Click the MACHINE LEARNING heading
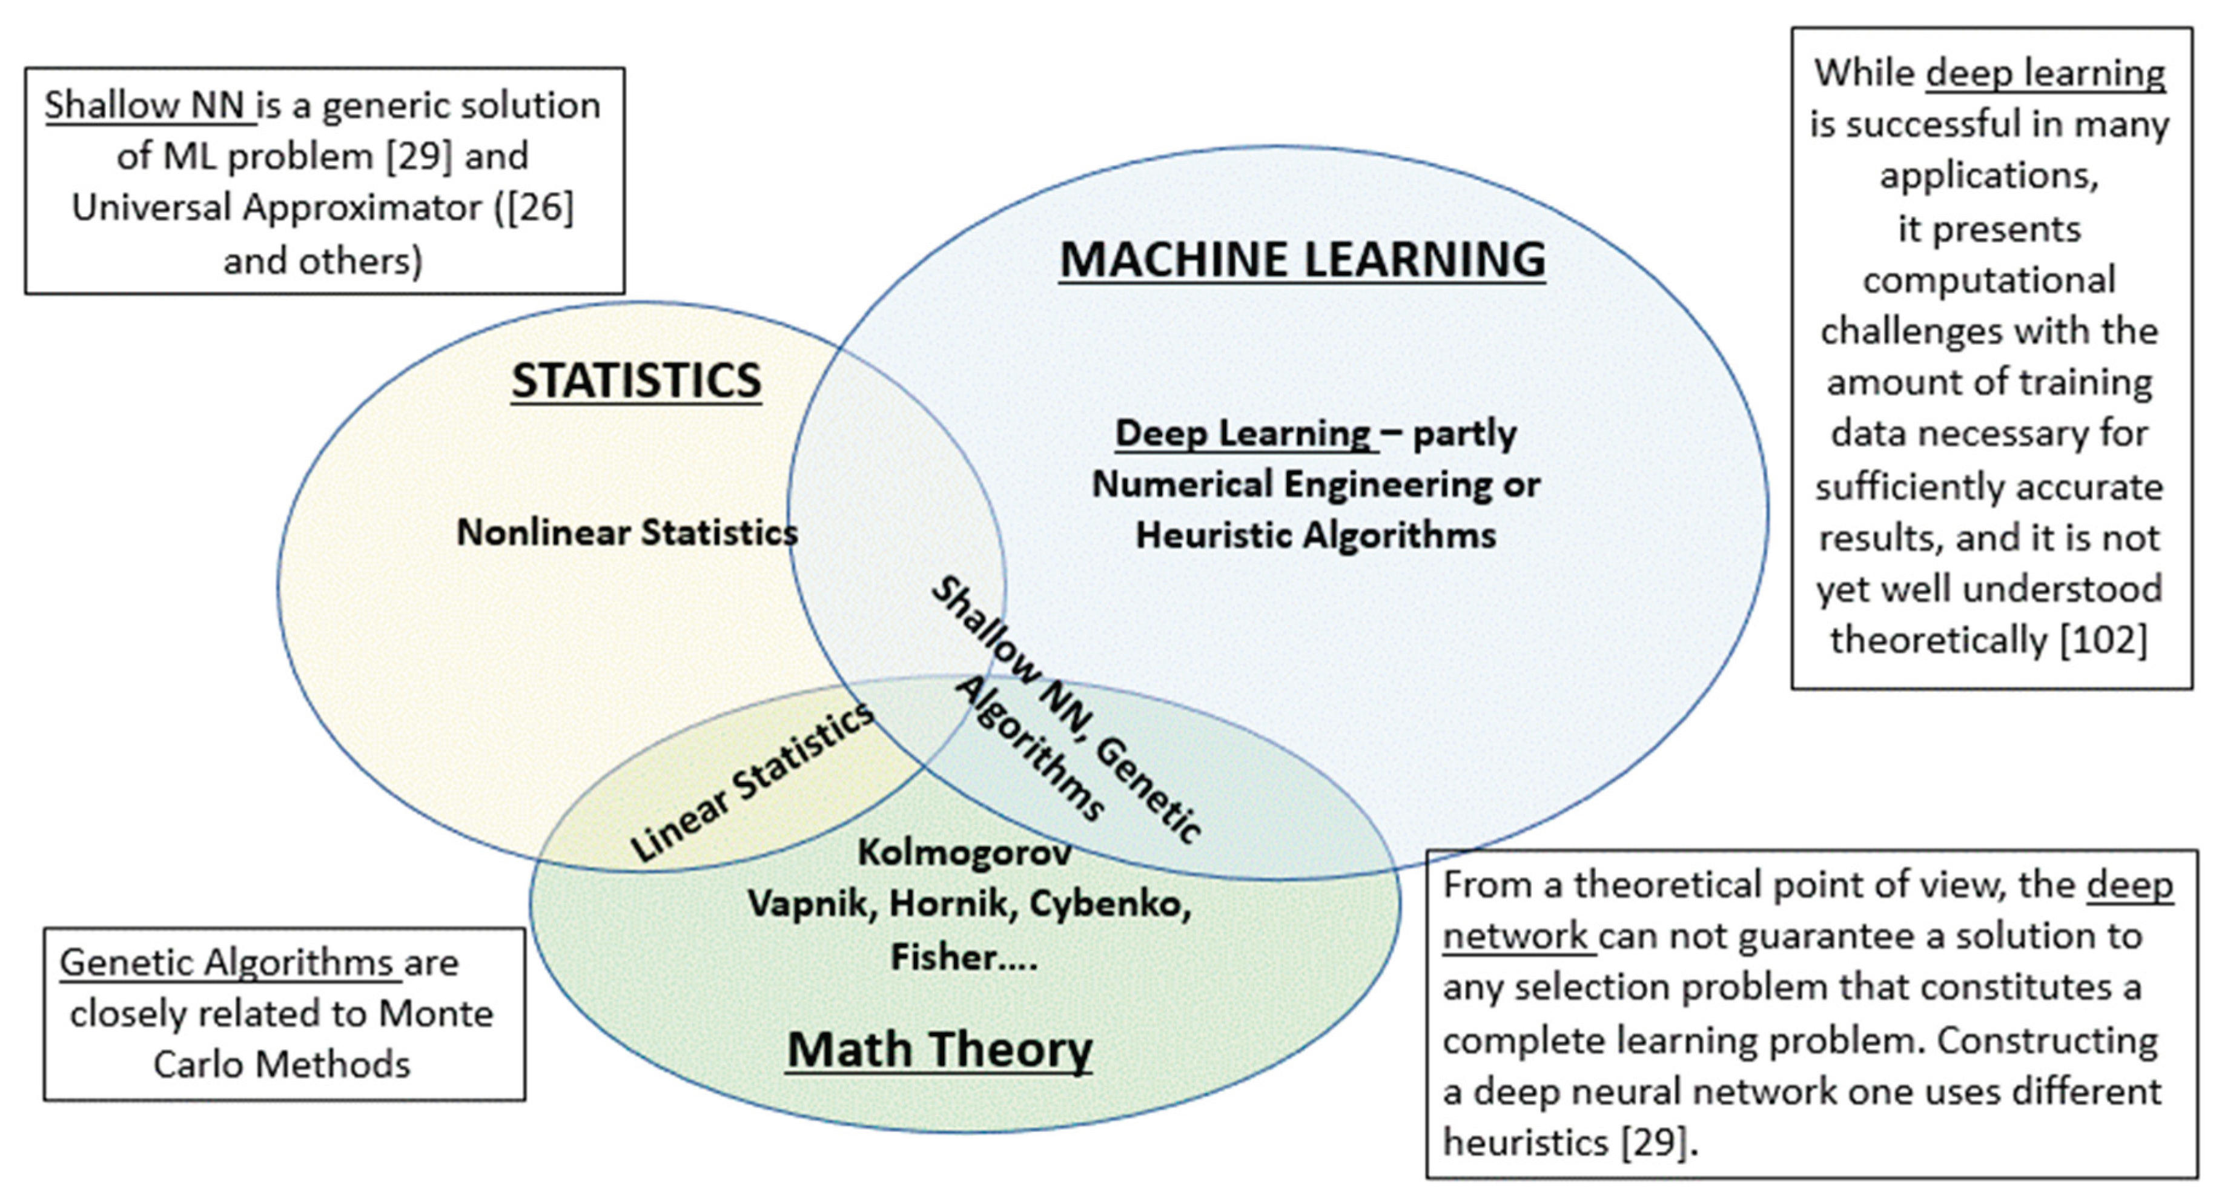[x=1301, y=259]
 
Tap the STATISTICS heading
[x=637, y=381]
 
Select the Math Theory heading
[x=939, y=1049]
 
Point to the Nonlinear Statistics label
[x=627, y=532]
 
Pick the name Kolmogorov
[x=964, y=853]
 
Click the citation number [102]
[x=2103, y=640]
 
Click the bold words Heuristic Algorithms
[x=1315, y=535]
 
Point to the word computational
[x=1989, y=280]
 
